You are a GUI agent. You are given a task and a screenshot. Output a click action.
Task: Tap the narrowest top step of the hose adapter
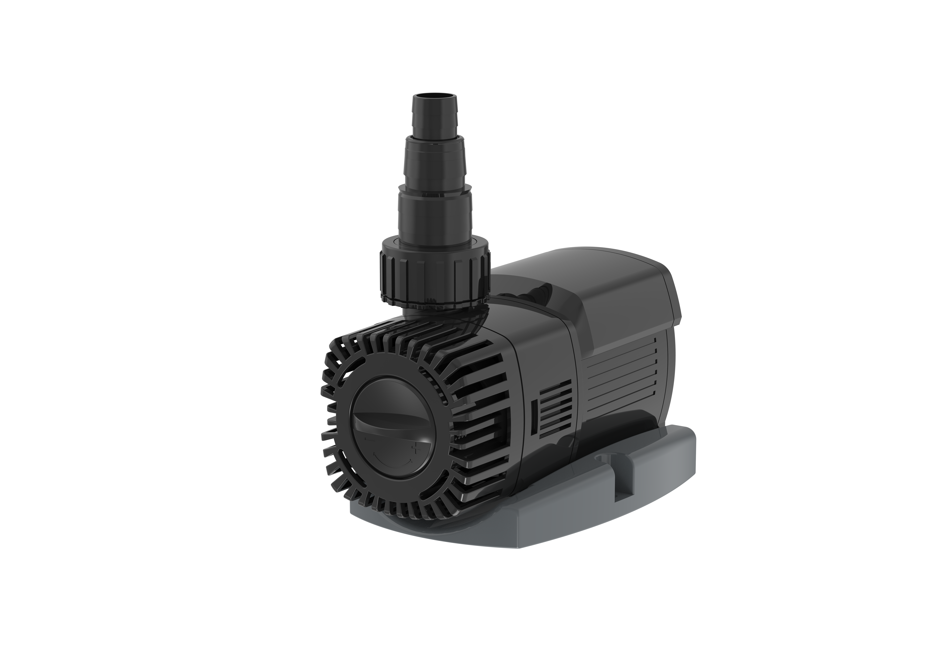(435, 118)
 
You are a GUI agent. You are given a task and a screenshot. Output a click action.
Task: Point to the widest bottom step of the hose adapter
(435, 215)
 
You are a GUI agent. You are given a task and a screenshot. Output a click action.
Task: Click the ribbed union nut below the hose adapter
(435, 275)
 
